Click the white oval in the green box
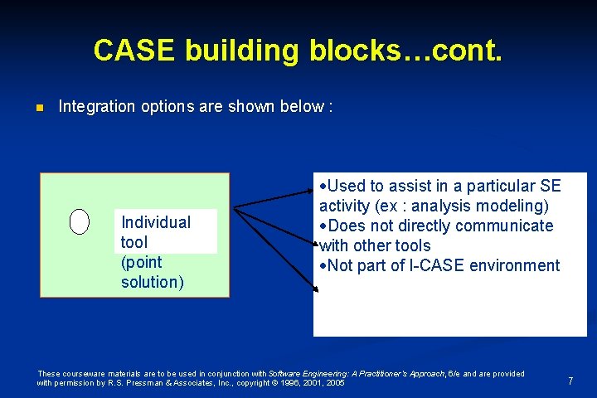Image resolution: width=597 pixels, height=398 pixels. pos(80,221)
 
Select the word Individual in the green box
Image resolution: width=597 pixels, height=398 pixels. pos(156,222)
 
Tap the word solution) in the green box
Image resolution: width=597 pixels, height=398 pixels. pos(153,282)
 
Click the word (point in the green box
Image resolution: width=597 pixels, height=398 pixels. pos(142,262)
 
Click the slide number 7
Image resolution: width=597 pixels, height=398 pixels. pos(570,381)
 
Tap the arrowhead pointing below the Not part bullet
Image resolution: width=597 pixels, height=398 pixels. pos(315,289)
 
